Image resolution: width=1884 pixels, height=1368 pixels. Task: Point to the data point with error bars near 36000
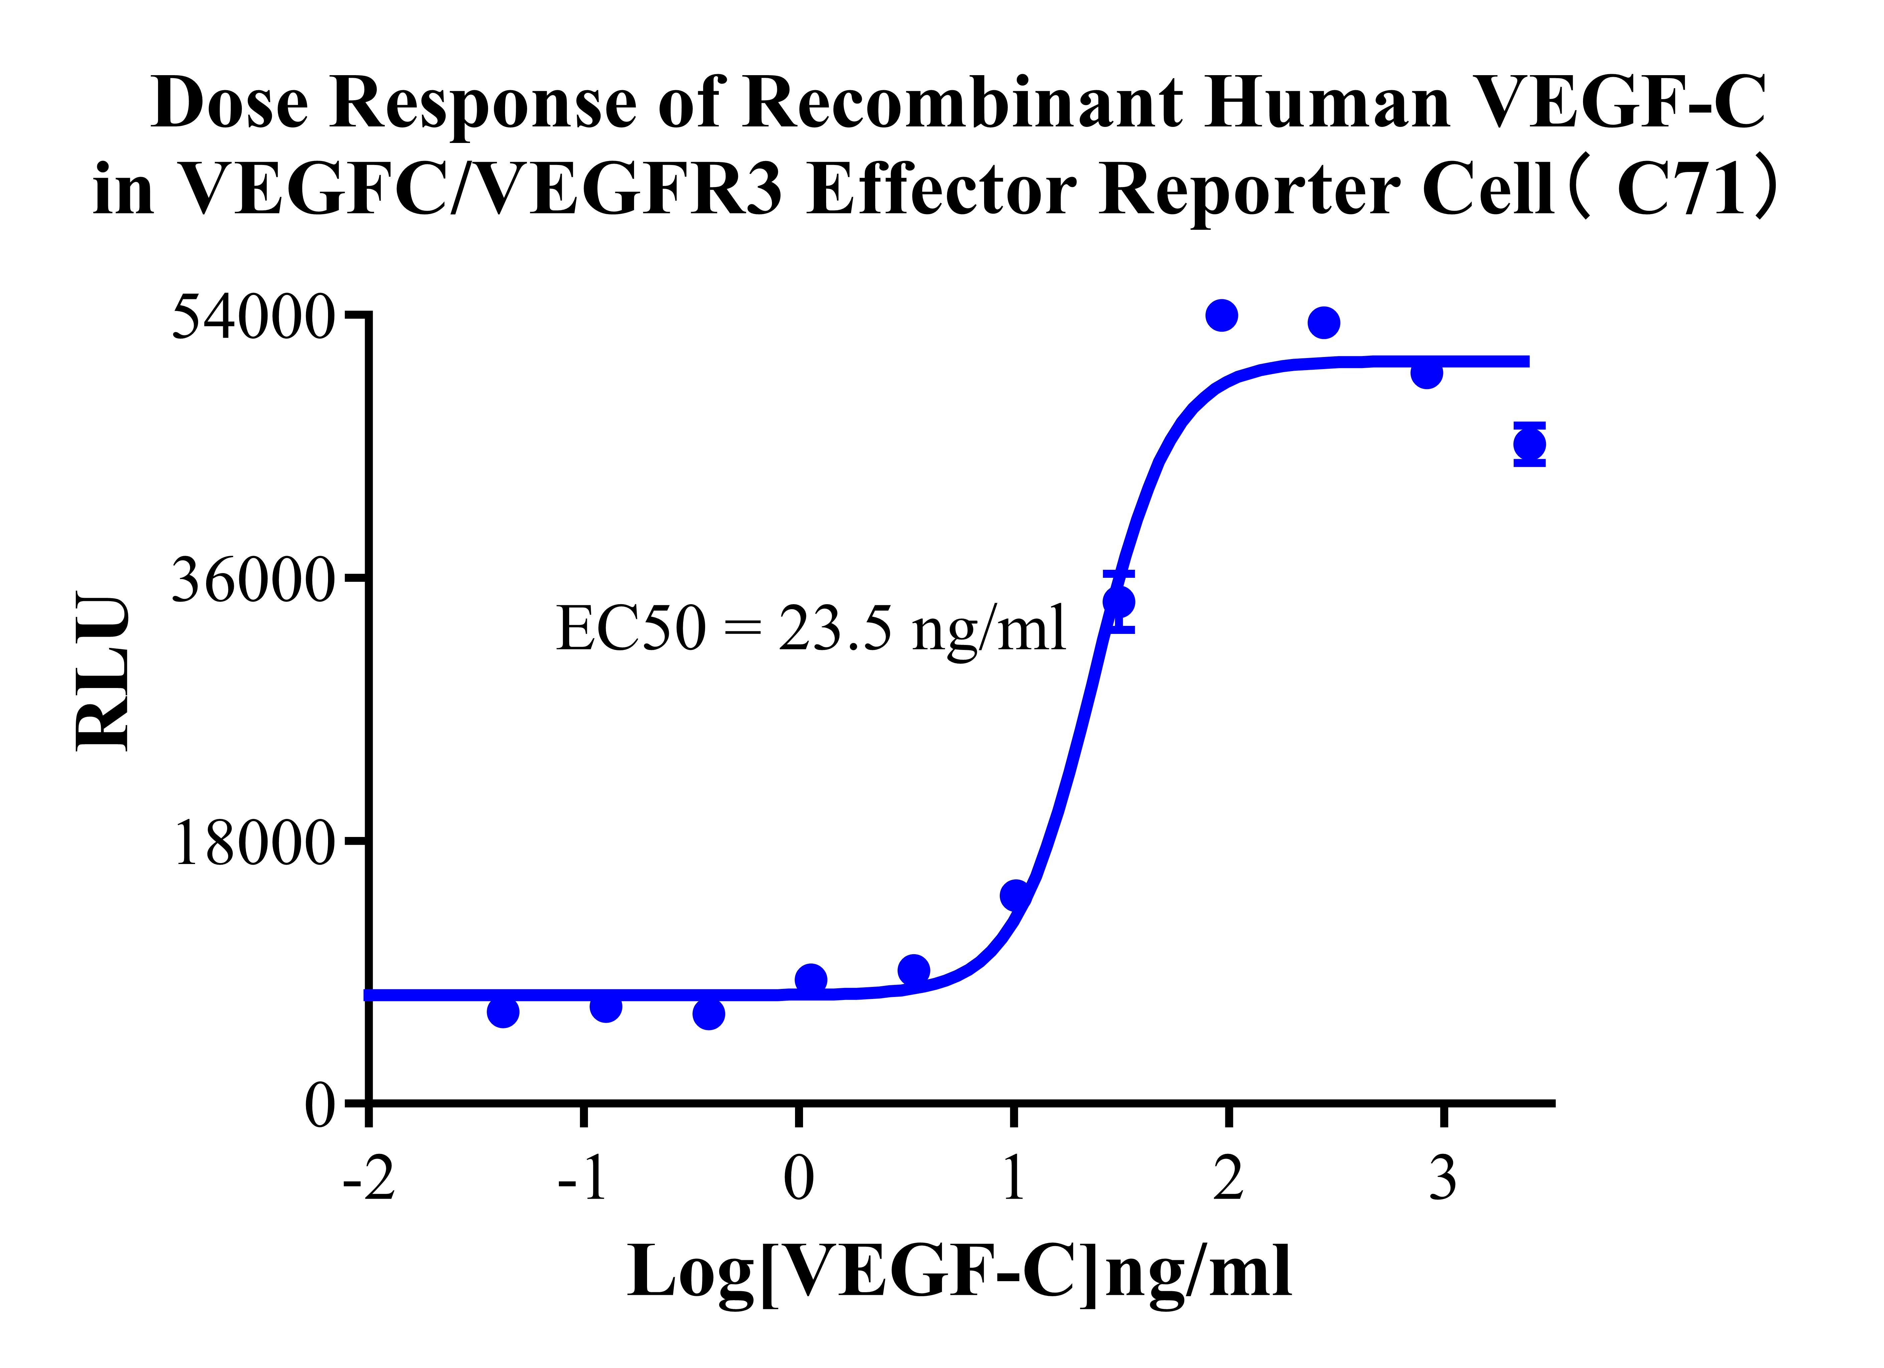pos(1119,602)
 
